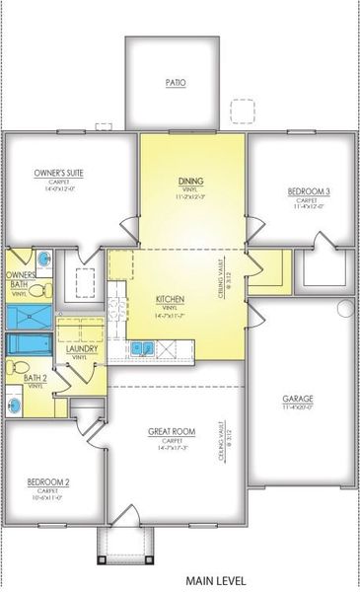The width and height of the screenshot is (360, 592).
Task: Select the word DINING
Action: pyautogui.click(x=191, y=182)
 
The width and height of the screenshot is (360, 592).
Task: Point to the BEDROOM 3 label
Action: pyautogui.click(x=301, y=189)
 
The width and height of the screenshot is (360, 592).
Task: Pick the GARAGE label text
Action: pyautogui.click(x=298, y=398)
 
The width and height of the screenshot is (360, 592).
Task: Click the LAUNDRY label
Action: pyautogui.click(x=80, y=349)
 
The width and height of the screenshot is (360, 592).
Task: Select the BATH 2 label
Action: pyautogui.click(x=35, y=378)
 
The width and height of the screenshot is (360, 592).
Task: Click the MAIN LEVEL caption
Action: pyautogui.click(x=214, y=581)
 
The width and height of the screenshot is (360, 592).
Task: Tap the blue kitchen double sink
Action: pyautogui.click(x=141, y=347)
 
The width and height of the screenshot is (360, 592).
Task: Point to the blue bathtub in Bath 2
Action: pyautogui.click(x=29, y=343)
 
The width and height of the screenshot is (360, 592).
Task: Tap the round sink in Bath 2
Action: pyautogui.click(x=14, y=403)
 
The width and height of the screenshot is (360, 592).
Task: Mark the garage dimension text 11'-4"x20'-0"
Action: pyautogui.click(x=298, y=407)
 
